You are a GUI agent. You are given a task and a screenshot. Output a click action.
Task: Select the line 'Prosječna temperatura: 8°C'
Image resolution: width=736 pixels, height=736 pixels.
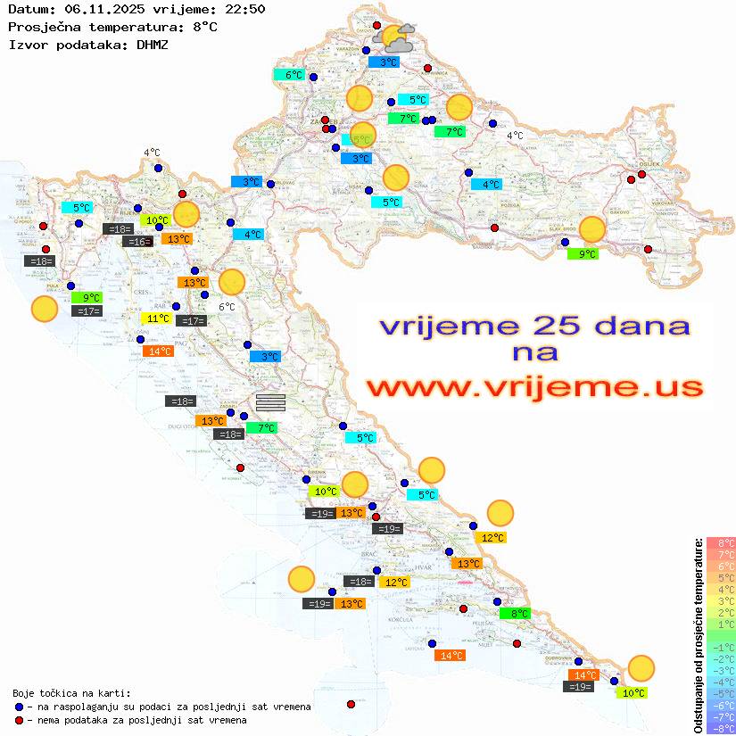click(112, 27)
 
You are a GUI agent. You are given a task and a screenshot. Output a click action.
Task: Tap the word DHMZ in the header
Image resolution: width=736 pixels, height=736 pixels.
click(153, 44)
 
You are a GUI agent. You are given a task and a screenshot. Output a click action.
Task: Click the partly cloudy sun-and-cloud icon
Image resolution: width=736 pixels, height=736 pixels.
click(395, 38)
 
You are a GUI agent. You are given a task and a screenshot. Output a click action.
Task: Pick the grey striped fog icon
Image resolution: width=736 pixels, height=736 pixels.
click(270, 402)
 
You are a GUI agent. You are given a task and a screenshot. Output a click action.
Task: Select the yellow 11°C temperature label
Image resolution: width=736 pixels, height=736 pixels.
click(158, 318)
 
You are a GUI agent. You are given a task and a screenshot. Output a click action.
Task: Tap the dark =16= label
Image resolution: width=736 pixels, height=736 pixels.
click(137, 242)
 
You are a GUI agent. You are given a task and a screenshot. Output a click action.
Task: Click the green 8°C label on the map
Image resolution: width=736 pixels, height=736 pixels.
click(519, 614)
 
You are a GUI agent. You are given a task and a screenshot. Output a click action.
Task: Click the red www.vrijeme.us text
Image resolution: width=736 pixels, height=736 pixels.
click(533, 387)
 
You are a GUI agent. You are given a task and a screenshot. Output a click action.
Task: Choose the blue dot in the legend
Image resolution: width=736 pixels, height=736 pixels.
click(20, 707)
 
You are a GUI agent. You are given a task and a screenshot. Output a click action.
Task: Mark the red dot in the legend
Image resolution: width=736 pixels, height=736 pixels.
click(20, 720)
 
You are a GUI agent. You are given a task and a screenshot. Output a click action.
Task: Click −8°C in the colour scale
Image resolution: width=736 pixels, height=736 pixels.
click(720, 728)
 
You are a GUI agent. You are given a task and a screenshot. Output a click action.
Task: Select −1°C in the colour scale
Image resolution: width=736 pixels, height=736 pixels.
click(720, 647)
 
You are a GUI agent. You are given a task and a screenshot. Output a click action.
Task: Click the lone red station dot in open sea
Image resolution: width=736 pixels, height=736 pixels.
click(351, 704)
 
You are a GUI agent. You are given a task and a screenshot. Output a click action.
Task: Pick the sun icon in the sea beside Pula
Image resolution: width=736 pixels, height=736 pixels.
click(44, 310)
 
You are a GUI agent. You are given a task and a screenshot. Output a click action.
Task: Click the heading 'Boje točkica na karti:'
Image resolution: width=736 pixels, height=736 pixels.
click(71, 693)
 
